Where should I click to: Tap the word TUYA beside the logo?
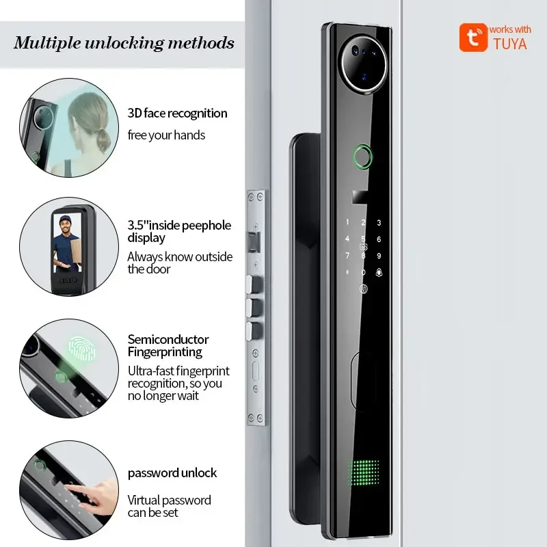(x=510, y=44)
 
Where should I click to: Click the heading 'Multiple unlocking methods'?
(x=124, y=43)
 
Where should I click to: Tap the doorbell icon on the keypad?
(x=378, y=272)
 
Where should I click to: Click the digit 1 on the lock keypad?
(x=347, y=223)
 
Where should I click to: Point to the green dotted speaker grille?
(x=364, y=472)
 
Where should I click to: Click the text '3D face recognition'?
(x=177, y=114)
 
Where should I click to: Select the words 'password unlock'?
(x=172, y=472)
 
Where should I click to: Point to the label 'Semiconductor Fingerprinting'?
(x=168, y=346)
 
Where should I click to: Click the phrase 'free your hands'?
(x=166, y=135)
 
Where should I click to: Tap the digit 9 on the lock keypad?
(x=378, y=256)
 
